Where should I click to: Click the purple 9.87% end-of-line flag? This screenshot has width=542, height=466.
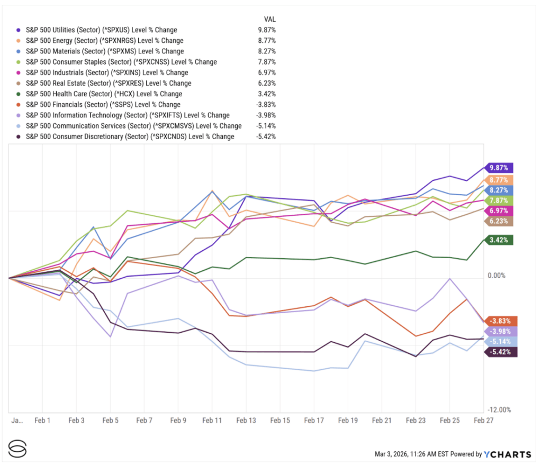(x=499, y=168)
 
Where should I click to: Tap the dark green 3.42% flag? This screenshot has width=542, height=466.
(x=499, y=240)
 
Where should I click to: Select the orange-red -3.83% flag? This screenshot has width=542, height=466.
(x=499, y=321)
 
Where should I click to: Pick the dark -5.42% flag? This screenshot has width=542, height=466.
(x=499, y=352)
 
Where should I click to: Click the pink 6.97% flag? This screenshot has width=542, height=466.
(x=499, y=211)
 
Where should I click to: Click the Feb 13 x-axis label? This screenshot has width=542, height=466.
(x=246, y=420)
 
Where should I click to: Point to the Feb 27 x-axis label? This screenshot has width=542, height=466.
(x=483, y=420)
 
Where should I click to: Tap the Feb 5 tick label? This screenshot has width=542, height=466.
(x=110, y=420)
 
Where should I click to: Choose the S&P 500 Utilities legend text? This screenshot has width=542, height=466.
(x=101, y=30)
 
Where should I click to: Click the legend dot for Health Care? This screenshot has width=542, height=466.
(x=19, y=94)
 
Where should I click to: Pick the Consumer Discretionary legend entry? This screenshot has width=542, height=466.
(x=130, y=136)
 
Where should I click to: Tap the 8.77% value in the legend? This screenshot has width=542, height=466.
(x=266, y=41)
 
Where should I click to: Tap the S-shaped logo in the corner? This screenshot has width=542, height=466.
(x=17, y=449)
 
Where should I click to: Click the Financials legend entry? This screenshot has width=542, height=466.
(x=103, y=105)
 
